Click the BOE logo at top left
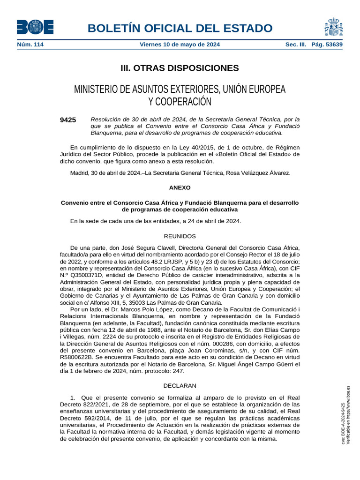pos(35,27)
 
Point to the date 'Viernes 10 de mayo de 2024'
pos(180,45)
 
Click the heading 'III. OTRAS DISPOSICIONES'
pos(180,68)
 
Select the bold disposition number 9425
pos(68,120)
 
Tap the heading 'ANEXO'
pos(180,187)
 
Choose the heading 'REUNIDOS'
pos(180,236)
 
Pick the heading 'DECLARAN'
pos(180,385)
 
